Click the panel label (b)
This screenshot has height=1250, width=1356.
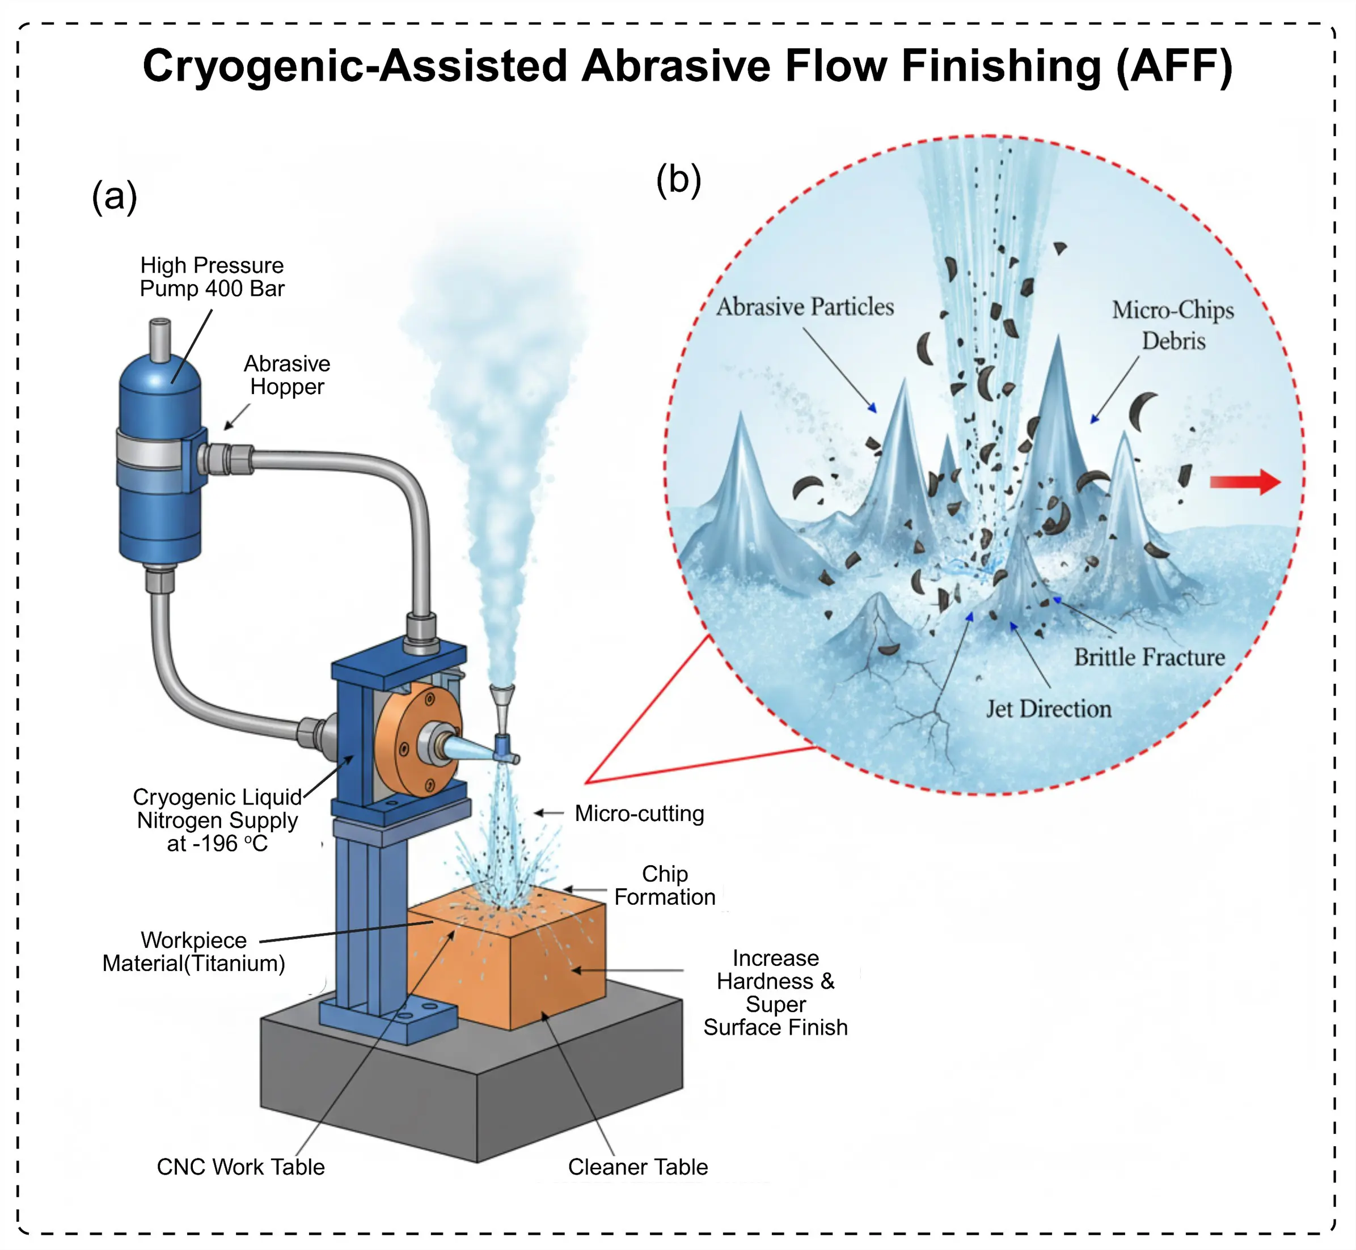(x=678, y=181)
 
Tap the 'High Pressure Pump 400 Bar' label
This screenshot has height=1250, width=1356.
(x=212, y=277)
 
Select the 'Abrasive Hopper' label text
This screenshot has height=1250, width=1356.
(x=287, y=375)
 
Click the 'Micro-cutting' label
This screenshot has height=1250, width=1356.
(x=639, y=813)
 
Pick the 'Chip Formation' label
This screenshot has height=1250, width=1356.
(x=665, y=885)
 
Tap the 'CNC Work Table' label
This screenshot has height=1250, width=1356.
(x=241, y=1167)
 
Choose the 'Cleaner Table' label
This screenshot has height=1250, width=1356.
(x=637, y=1167)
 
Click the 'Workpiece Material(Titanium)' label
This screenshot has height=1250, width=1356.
(x=193, y=952)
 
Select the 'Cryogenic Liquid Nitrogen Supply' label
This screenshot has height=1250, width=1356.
(x=217, y=820)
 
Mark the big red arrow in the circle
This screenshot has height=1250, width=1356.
(x=1245, y=482)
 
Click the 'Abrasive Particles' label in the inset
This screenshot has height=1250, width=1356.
(x=805, y=307)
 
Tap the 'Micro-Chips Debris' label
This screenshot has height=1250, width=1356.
(x=1173, y=325)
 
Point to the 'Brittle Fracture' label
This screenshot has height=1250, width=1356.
(x=1150, y=658)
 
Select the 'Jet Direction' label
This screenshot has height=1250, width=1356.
(x=1048, y=709)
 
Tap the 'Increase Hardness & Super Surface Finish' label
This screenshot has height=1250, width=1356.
(x=775, y=992)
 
